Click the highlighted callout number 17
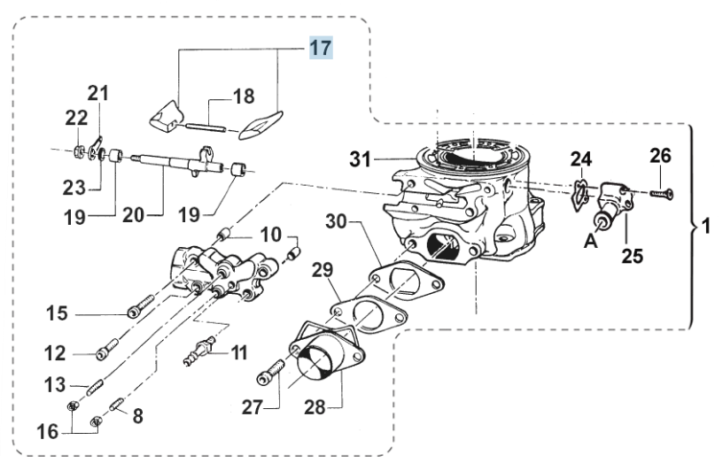321,48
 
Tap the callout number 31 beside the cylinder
361,159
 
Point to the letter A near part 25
591,240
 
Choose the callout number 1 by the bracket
705,227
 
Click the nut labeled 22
79,150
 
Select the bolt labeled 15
140,307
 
